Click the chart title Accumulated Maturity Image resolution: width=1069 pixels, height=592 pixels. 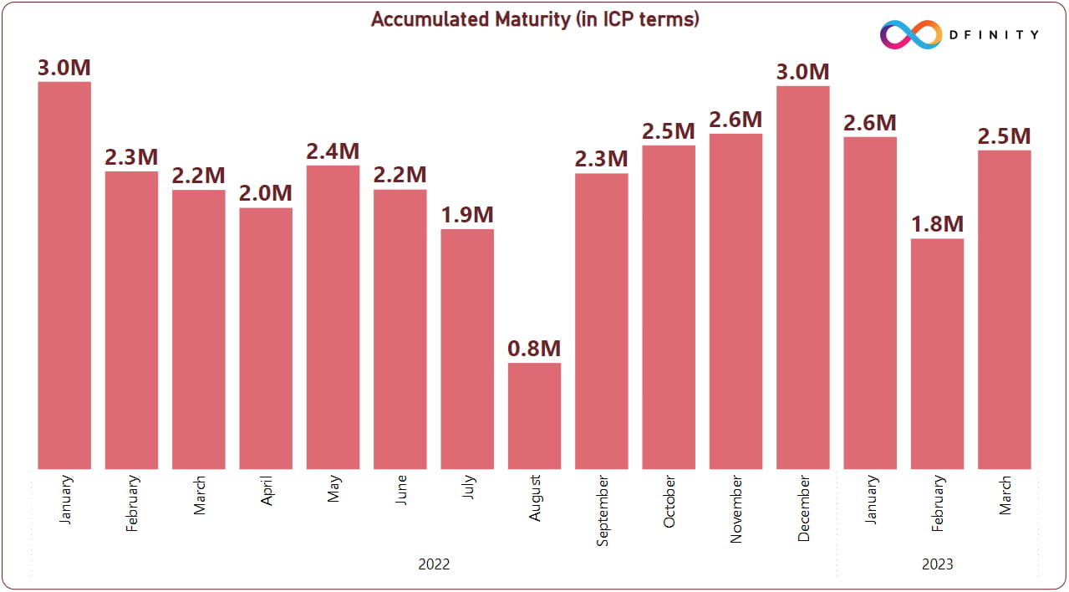[534, 19]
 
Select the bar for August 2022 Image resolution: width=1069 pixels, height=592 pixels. [534, 416]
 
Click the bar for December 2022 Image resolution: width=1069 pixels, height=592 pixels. [802, 277]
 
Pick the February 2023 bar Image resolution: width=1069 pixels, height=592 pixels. [937, 354]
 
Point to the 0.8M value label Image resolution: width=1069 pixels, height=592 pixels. [534, 349]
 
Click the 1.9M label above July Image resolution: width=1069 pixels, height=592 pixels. [467, 215]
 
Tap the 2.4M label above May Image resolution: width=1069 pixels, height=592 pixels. [333, 151]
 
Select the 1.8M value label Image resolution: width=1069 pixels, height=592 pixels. [937, 225]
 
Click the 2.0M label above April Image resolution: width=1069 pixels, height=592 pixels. [266, 194]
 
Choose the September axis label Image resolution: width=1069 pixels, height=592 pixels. [603, 510]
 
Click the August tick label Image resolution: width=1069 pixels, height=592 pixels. [535, 498]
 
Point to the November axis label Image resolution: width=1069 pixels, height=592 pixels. [736, 509]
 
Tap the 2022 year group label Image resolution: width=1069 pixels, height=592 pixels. [434, 564]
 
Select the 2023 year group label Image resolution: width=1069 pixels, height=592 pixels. [937, 564]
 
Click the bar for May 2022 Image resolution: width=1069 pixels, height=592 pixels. [333, 317]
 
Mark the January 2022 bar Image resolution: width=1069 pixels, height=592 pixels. [64, 275]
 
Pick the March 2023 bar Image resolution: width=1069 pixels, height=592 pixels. [1004, 309]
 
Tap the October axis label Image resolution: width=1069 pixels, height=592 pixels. [669, 503]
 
